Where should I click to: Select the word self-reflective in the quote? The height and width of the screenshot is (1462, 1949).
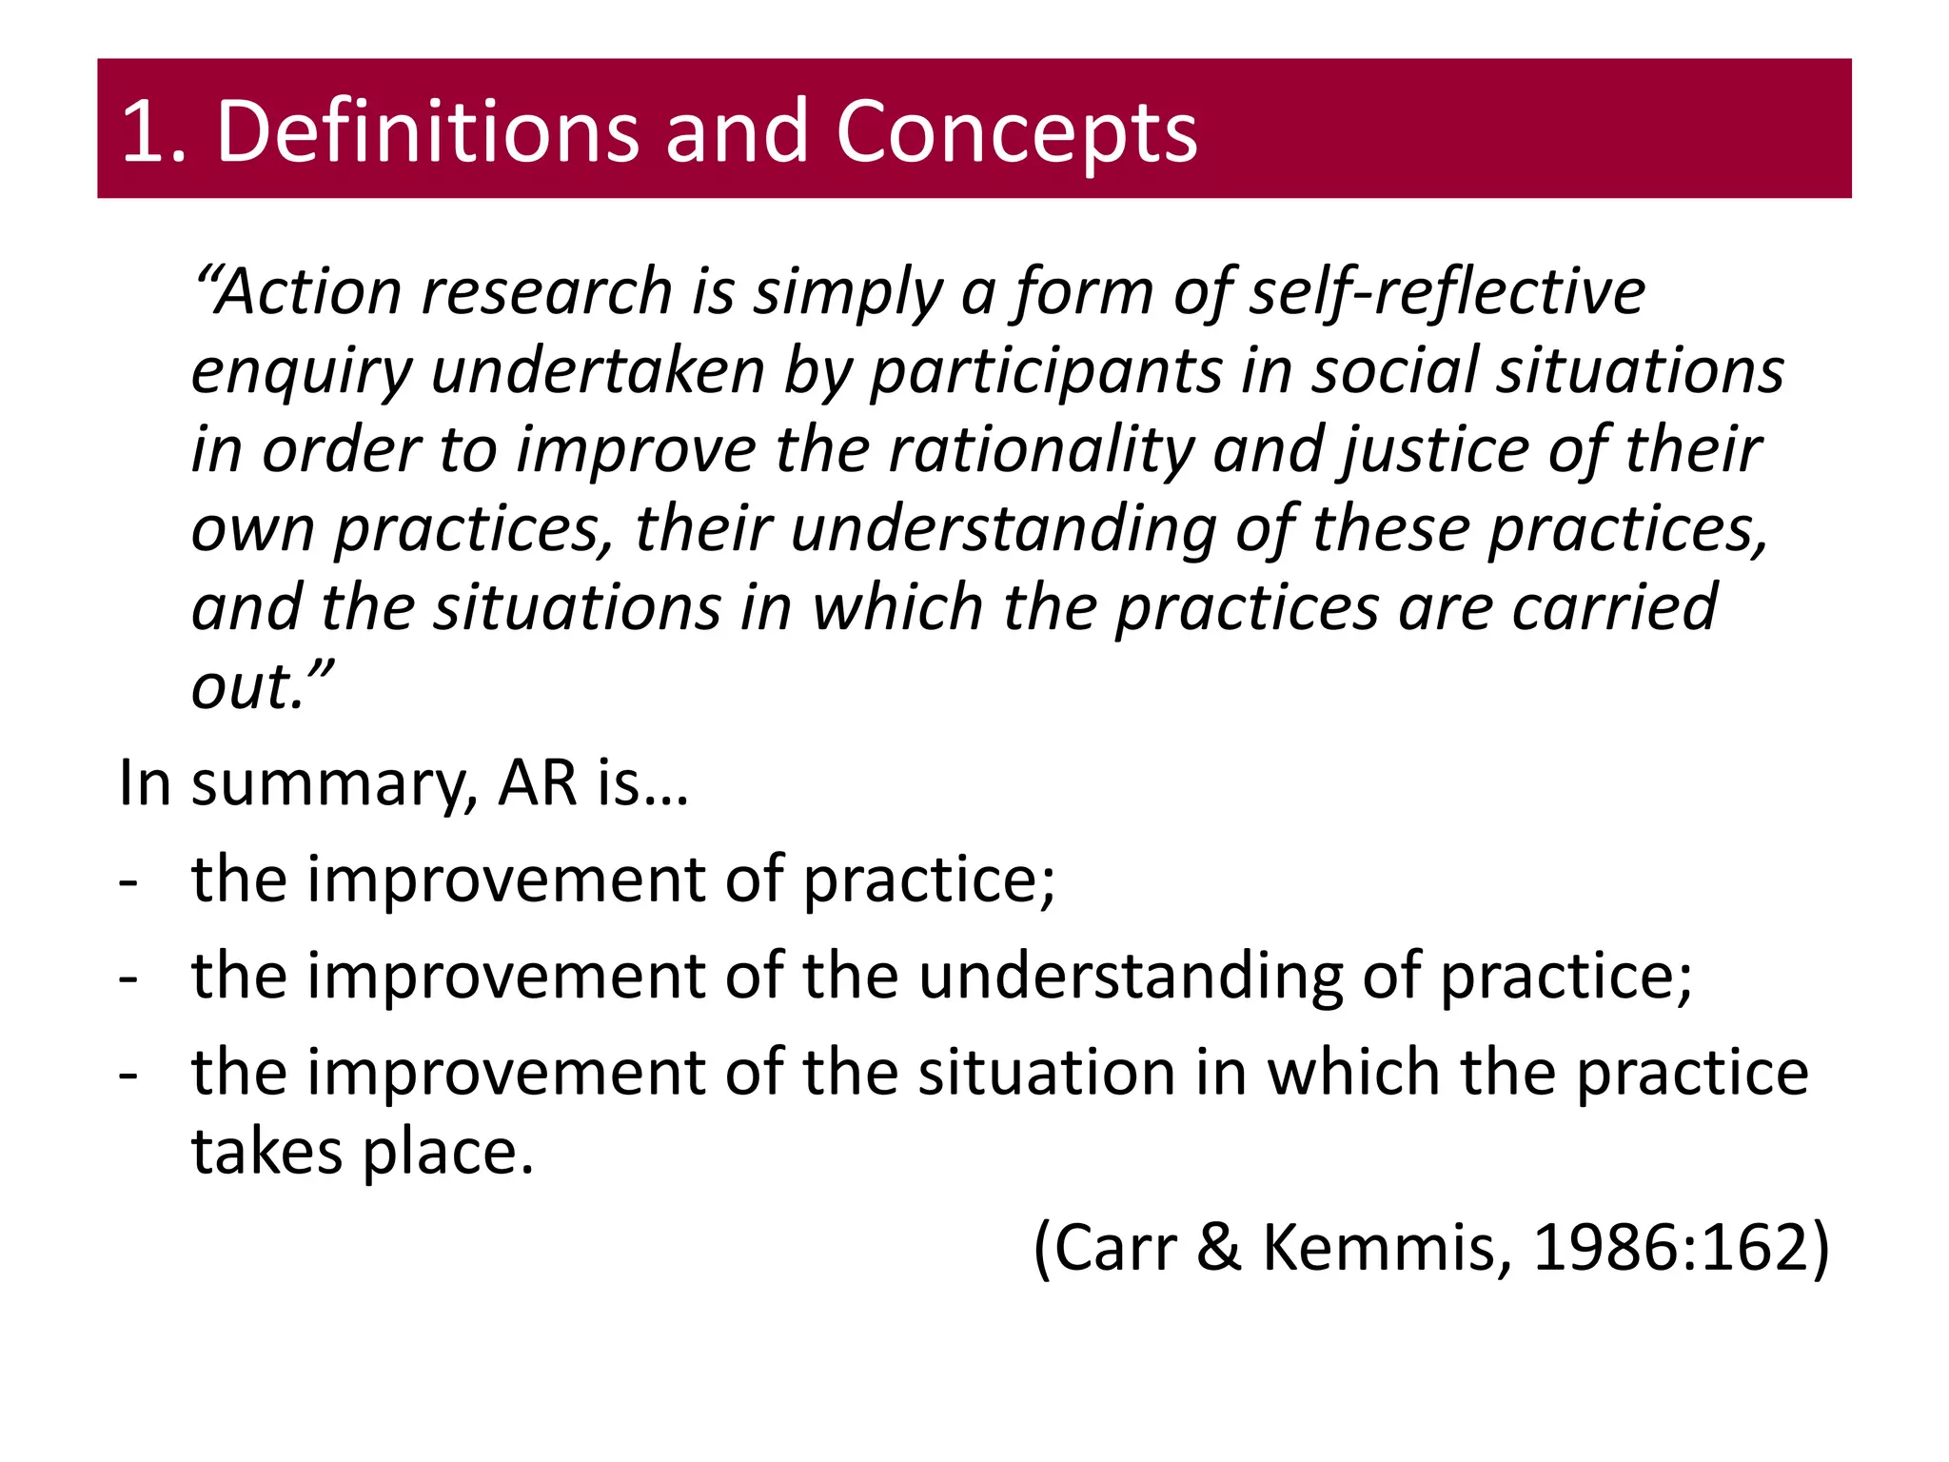(1447, 291)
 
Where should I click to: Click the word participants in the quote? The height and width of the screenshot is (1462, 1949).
(1046, 370)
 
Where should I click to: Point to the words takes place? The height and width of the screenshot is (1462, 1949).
(363, 1153)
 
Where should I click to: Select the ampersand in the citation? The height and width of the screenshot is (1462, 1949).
(1219, 1248)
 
